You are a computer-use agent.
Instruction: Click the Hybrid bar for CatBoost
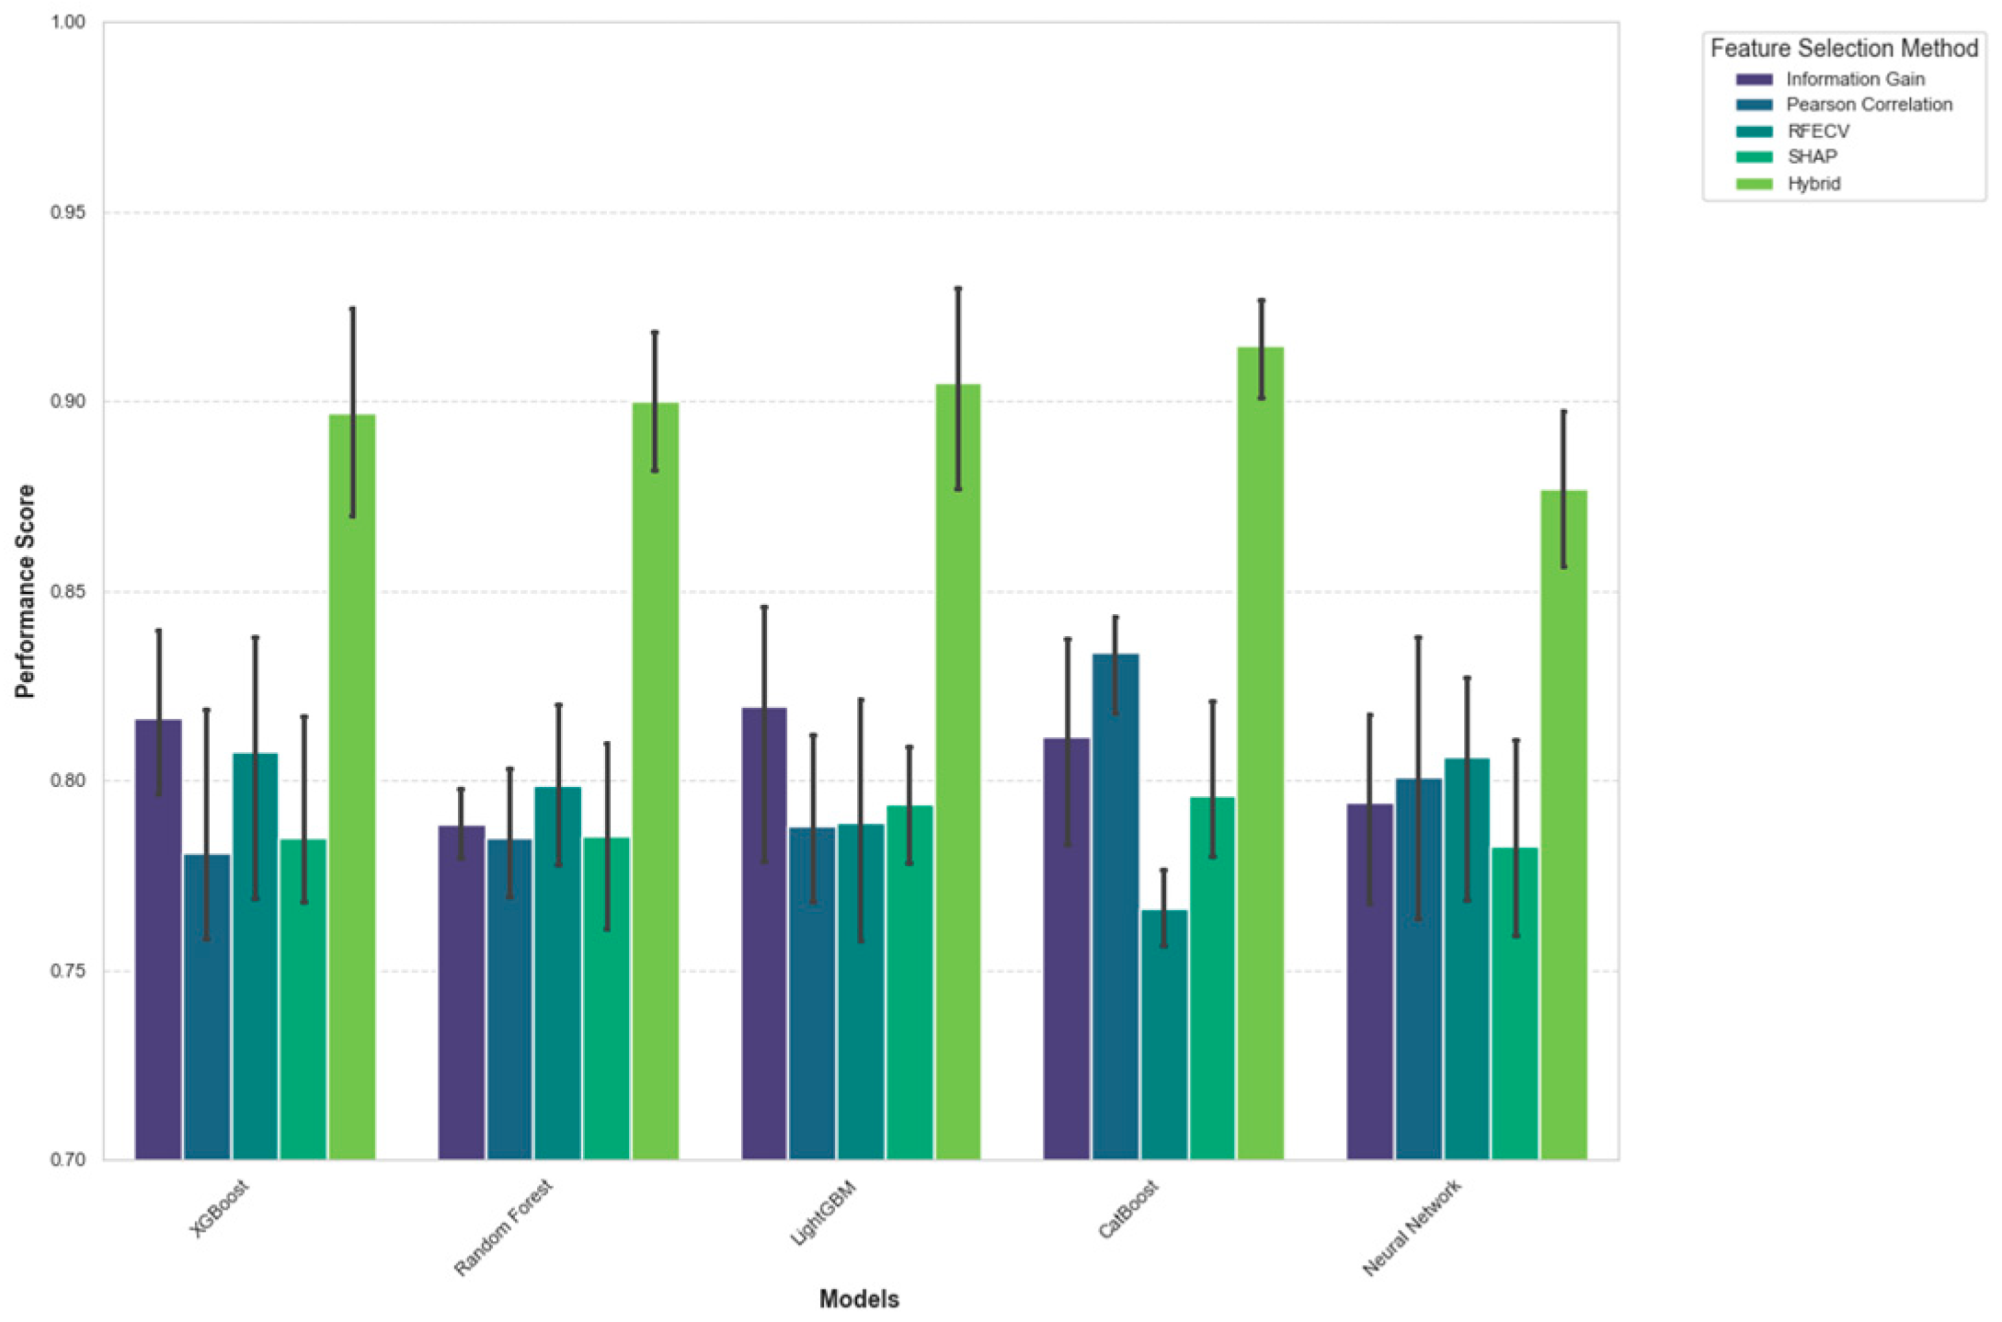pyautogui.click(x=1260, y=754)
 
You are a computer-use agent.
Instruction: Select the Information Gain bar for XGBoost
pyautogui.click(x=158, y=938)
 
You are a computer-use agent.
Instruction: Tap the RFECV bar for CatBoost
pyautogui.click(x=1163, y=1034)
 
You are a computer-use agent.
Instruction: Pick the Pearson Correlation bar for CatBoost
pyautogui.click(x=1115, y=906)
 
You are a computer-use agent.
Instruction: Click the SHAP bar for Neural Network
pyautogui.click(x=1515, y=1002)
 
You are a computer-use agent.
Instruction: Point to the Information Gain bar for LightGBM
pyautogui.click(x=764, y=933)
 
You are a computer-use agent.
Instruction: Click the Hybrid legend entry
pyautogui.click(x=1813, y=183)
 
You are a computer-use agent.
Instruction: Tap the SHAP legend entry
pyautogui.click(x=1812, y=157)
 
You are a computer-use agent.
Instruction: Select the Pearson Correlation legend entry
pyautogui.click(x=1868, y=105)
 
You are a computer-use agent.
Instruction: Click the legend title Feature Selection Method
pyautogui.click(x=1844, y=48)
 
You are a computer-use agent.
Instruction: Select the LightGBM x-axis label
pyautogui.click(x=824, y=1214)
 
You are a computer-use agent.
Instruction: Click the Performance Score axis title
pyautogui.click(x=26, y=591)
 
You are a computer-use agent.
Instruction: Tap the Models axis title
pyautogui.click(x=859, y=1298)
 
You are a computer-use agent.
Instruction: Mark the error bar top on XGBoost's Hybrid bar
pyautogui.click(x=352, y=309)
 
